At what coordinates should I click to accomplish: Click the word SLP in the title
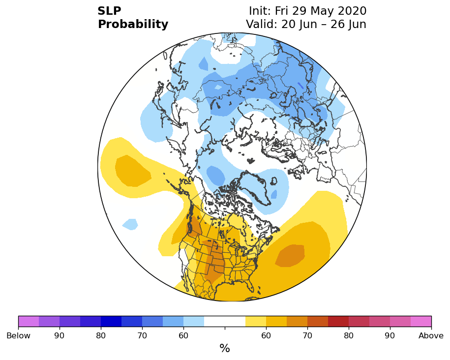coord(109,11)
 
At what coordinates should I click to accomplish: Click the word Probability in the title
coord(133,25)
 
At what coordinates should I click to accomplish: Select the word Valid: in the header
coord(262,24)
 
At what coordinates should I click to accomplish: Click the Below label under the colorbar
coord(18,335)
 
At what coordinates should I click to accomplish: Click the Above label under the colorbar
coord(431,335)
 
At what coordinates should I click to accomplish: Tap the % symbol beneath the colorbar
coord(225,348)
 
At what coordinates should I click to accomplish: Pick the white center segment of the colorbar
coord(225,321)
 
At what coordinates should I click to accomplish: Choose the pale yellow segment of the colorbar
coord(256,321)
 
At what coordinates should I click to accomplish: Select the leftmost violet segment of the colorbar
coord(29,321)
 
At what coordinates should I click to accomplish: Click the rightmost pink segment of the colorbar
coord(421,321)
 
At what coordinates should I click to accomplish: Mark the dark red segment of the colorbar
coord(338,321)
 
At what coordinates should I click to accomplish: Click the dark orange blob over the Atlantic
coord(290,256)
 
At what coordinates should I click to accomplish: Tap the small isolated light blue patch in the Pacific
coord(130,224)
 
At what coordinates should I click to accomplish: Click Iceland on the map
coord(274,181)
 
